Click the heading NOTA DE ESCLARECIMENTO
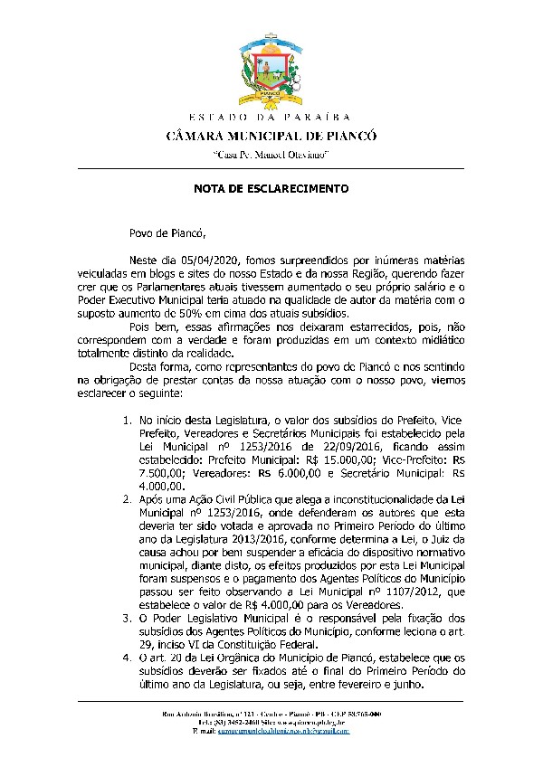[271, 189]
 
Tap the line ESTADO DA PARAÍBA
[271, 118]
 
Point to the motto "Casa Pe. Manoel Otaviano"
[271, 155]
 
